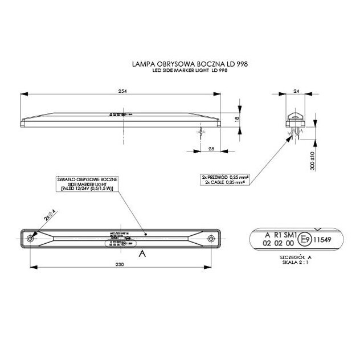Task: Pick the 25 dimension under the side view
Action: (x=210, y=149)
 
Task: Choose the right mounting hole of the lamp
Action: (x=211, y=238)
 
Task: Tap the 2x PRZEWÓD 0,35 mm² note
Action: (x=226, y=177)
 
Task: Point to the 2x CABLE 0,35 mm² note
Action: (x=226, y=183)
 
